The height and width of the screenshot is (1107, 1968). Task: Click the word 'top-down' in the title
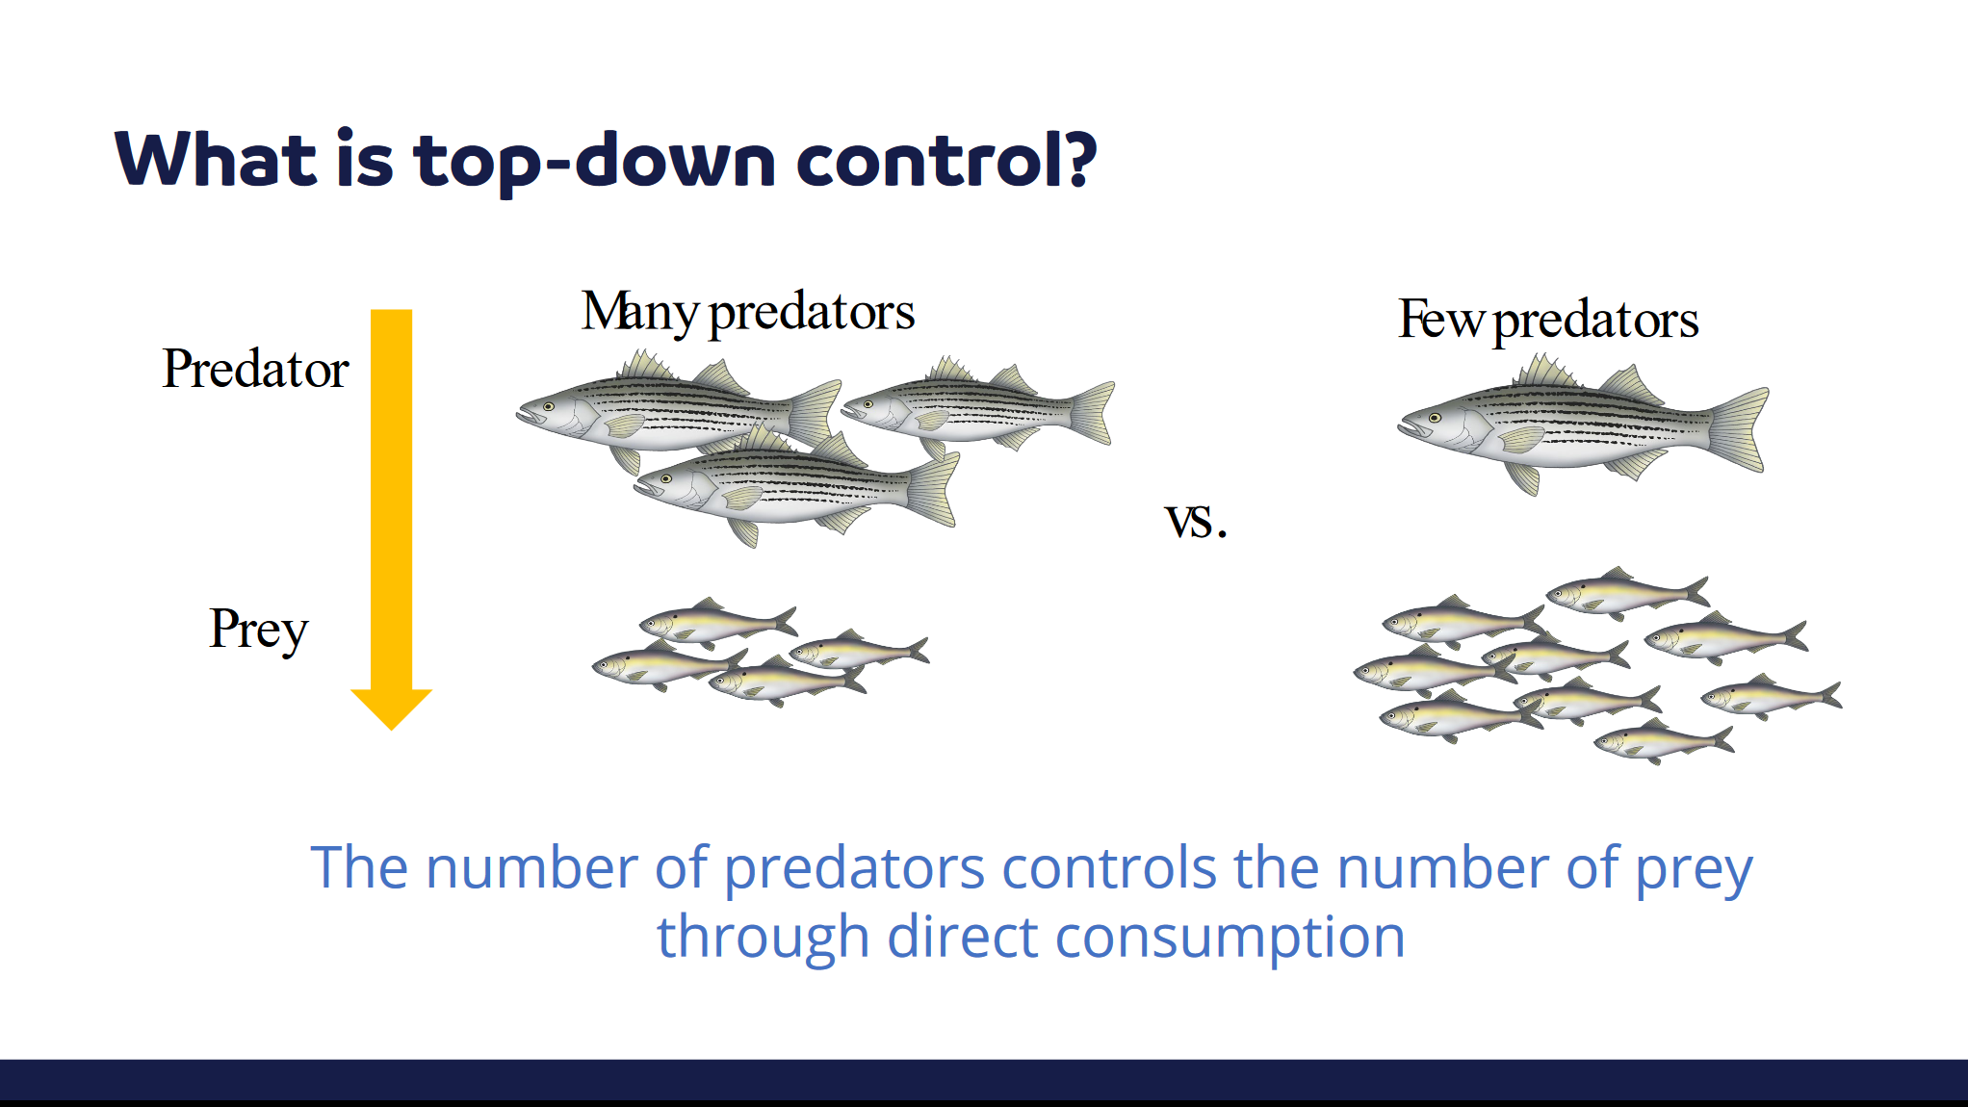pyautogui.click(x=594, y=161)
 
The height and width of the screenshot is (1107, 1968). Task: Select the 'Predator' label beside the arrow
pyautogui.click(x=255, y=369)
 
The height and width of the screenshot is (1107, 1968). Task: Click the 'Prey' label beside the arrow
pyautogui.click(x=259, y=631)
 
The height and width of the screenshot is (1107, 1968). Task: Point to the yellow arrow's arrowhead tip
pyautogui.click(x=391, y=729)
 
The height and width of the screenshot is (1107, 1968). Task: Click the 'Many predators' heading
pyautogui.click(x=748, y=312)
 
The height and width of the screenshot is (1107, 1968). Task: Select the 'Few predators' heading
pyautogui.click(x=1548, y=319)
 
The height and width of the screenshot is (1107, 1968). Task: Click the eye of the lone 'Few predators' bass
pyautogui.click(x=1435, y=418)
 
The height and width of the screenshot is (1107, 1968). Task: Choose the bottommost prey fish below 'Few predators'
pyautogui.click(x=1665, y=740)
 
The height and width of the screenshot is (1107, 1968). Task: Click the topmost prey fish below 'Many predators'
pyautogui.click(x=718, y=621)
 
